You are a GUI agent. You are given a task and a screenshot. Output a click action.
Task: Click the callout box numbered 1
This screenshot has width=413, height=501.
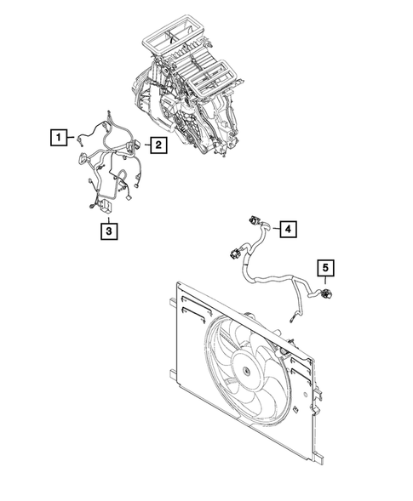[x=57, y=136]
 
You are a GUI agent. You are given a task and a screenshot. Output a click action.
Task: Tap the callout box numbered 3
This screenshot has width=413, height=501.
[x=107, y=229]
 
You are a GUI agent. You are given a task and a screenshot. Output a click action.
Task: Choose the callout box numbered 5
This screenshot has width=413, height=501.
[x=325, y=269]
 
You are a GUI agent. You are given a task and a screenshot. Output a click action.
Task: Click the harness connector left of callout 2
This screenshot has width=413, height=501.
[x=133, y=146]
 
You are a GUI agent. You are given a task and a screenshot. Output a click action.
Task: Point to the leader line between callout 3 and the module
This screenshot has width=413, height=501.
[x=107, y=215]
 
